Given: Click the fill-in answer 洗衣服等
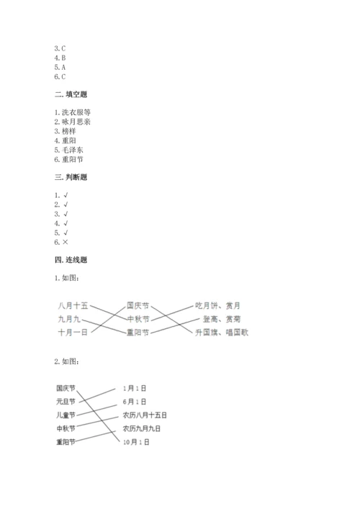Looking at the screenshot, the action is pos(75,112).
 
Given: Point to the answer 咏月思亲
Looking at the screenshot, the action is pos(75,122).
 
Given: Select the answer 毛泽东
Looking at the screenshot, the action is pos(72,150).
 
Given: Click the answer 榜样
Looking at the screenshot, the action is pos(69,131).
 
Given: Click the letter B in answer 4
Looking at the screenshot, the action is pos(64,57).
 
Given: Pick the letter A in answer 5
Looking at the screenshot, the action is pos(64,66).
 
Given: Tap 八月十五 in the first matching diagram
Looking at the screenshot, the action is pos(73,306).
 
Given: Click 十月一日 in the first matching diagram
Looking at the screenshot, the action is pos(73,331).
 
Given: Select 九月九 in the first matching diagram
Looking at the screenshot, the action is pos(70,319).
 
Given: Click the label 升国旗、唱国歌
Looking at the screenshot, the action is pos(221,331).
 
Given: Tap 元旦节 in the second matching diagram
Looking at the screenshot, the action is pos(66,401).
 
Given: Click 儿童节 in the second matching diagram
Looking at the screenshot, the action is pos(66,415).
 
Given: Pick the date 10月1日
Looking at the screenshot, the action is pos(136,442).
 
